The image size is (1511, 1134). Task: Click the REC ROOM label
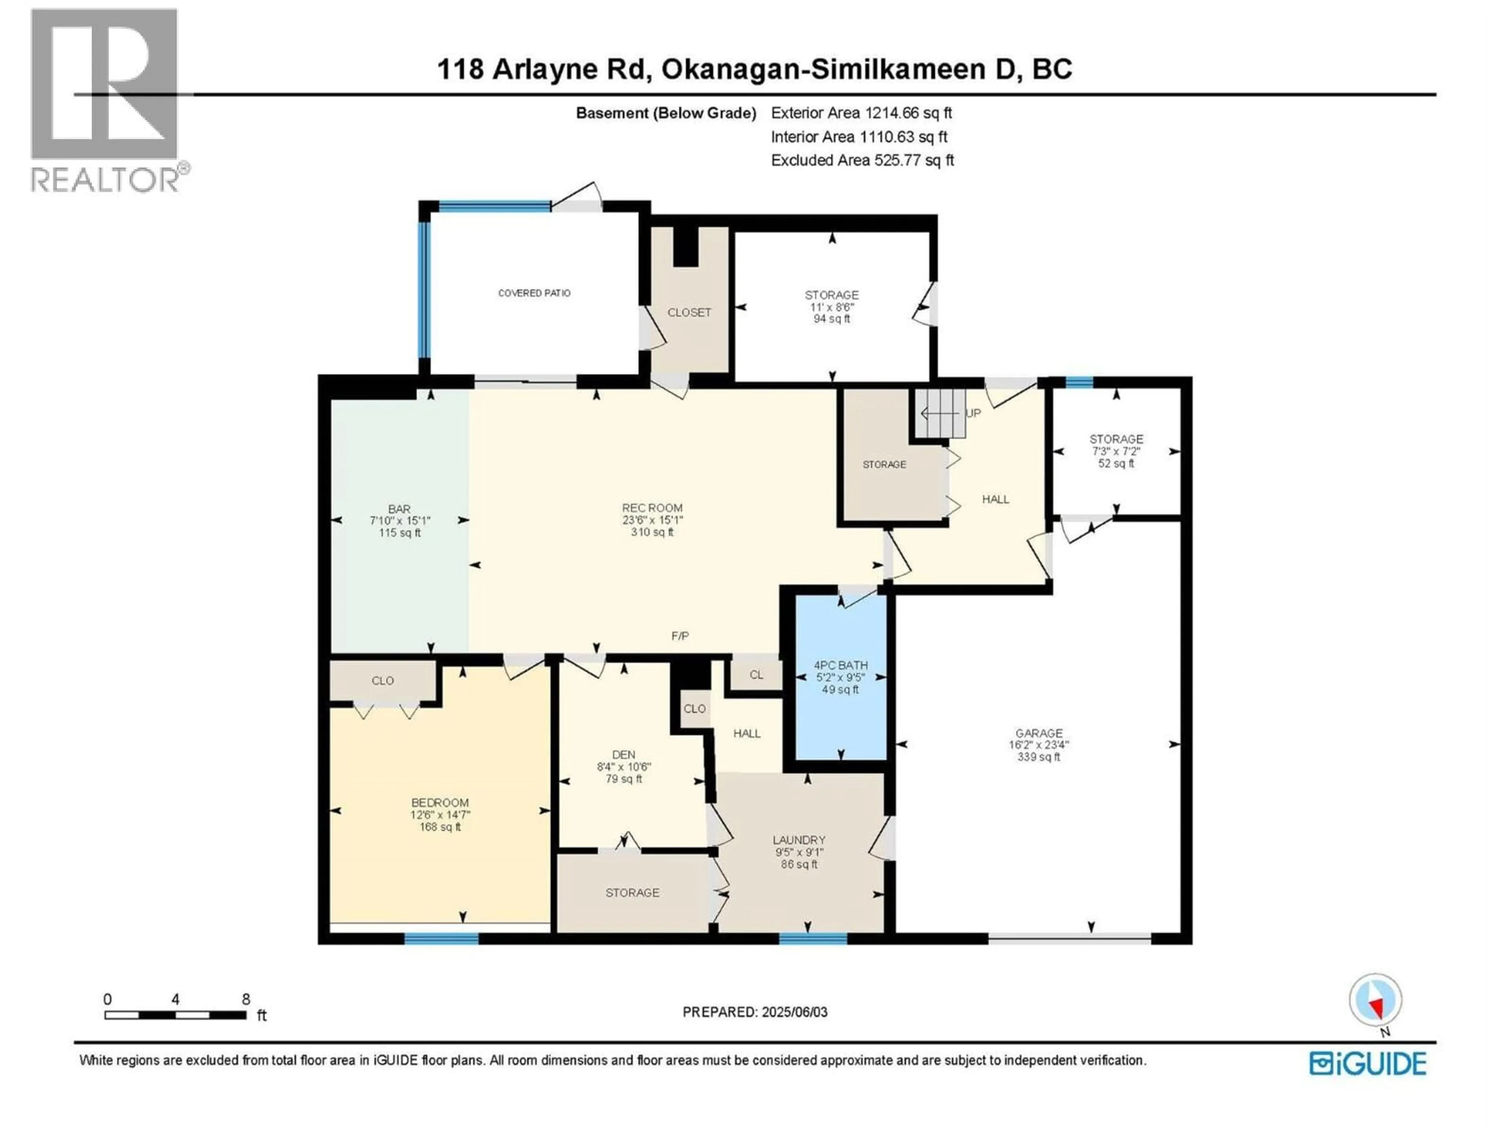click(x=652, y=508)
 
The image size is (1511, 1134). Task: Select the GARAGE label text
click(x=1038, y=733)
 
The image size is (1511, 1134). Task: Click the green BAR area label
click(x=400, y=509)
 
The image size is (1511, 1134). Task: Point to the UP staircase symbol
click(x=943, y=413)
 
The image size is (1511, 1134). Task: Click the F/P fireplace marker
click(x=680, y=636)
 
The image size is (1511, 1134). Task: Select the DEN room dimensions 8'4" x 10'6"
click(x=623, y=767)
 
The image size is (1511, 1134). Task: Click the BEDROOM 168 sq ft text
click(x=440, y=827)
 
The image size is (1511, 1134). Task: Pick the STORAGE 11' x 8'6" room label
click(x=831, y=307)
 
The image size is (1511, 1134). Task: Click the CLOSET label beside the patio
click(x=689, y=312)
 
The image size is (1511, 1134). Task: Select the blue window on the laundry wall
click(x=813, y=939)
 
